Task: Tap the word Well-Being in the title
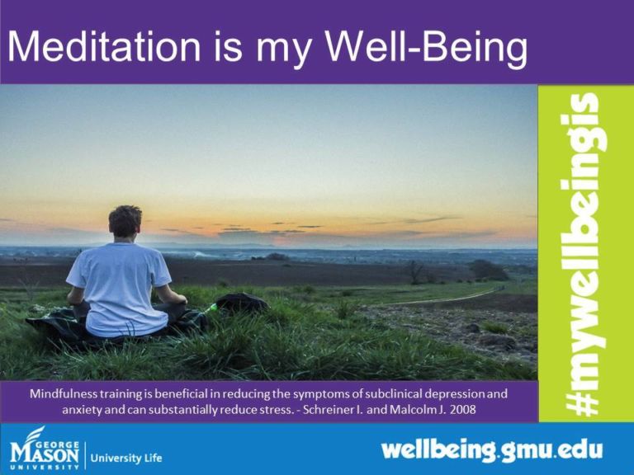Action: pyautogui.click(x=429, y=50)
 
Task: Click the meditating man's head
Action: pyautogui.click(x=125, y=222)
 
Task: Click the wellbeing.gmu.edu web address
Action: pyautogui.click(x=491, y=451)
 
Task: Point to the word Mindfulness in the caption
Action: pyautogui.click(x=68, y=393)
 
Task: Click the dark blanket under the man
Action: pyautogui.click(x=58, y=326)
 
